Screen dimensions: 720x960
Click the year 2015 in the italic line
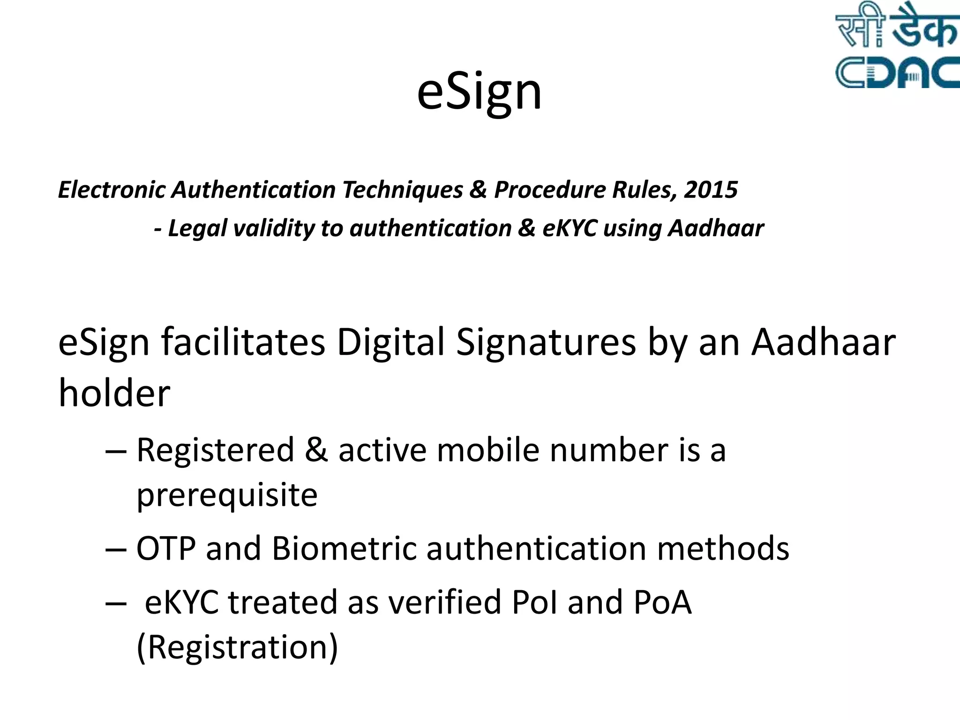[711, 190]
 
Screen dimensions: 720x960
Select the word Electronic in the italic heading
[112, 190]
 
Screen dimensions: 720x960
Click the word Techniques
[402, 190]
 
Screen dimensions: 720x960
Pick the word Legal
[197, 229]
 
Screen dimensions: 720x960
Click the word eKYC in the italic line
[569, 229]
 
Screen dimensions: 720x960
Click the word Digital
[390, 343]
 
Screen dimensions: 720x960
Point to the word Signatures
[546, 343]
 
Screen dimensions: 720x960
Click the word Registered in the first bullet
[215, 450]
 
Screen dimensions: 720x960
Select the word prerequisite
[227, 495]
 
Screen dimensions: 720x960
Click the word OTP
[166, 548]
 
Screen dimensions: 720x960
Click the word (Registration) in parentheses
[237, 647]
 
